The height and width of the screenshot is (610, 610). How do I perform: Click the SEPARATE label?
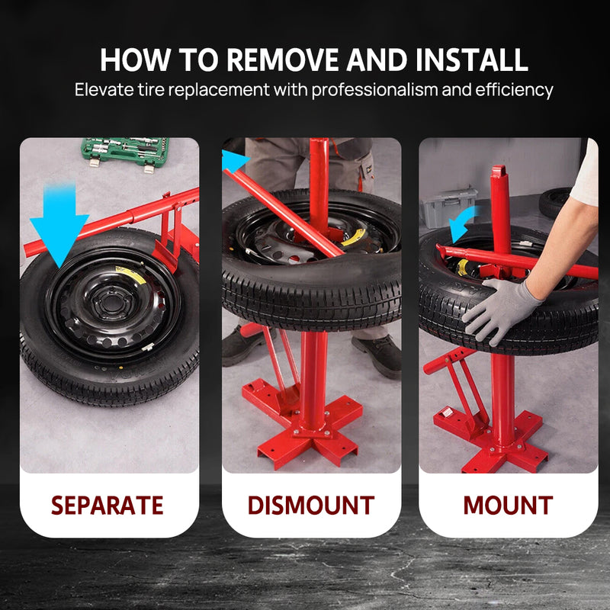(108, 505)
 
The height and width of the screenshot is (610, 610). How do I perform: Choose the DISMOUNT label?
(311, 505)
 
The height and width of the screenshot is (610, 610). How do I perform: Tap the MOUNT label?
(508, 505)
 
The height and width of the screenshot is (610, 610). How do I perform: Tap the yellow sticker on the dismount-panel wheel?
(352, 237)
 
